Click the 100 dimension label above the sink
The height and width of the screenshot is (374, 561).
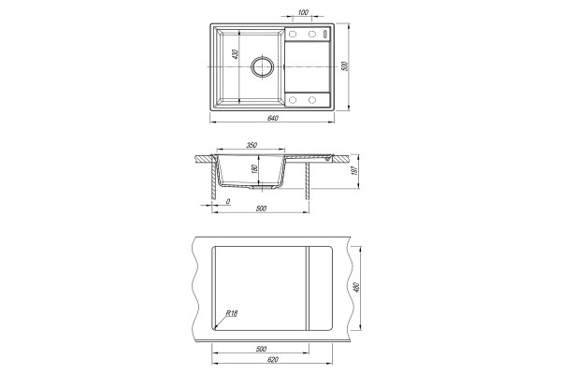[x=303, y=12]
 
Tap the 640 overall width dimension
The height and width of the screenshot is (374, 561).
[x=273, y=118]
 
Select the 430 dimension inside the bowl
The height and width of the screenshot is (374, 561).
[x=235, y=54]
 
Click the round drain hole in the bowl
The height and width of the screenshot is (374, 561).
[x=263, y=66]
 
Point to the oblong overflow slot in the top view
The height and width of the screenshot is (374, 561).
[x=325, y=34]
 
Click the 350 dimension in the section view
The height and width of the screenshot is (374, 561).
[x=252, y=145]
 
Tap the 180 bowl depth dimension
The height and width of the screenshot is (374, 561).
[x=254, y=169]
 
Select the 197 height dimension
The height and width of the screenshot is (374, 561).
[x=355, y=171]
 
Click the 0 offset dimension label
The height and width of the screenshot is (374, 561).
[x=228, y=202]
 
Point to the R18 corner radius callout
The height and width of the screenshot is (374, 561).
[x=232, y=313]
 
